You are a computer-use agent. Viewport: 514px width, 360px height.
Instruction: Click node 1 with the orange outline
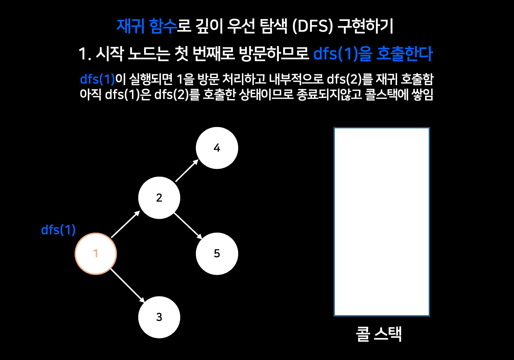pos(96,254)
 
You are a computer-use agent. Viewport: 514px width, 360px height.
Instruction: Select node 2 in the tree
pos(159,198)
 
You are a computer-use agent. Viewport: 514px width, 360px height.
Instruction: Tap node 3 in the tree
pos(159,317)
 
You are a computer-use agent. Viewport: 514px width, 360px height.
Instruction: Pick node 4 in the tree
pos(217,148)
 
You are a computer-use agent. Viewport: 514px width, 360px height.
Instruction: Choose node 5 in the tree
pos(217,254)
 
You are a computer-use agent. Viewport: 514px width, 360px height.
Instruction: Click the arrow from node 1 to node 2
pos(125,224)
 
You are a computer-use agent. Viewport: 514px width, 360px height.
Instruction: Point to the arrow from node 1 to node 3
pos(128,286)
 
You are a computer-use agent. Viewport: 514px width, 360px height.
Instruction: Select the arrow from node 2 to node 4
pos(187,171)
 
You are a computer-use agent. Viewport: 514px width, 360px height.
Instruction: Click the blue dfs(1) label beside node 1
pos(58,230)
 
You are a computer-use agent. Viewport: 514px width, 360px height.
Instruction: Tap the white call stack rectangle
pos(382,222)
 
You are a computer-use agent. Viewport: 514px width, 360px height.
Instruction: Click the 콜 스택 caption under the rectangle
pos(379,334)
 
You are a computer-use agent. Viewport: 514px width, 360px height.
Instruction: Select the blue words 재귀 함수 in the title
pos(147,26)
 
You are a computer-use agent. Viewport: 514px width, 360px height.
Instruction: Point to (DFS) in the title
pos(312,26)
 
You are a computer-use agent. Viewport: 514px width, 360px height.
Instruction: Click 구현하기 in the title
pos(365,26)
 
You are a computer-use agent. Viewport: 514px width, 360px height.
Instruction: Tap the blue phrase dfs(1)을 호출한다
pos(373,54)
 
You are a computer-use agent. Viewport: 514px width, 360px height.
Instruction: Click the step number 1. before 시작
pos(85,54)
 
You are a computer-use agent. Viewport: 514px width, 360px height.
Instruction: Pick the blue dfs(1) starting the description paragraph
pos(97,79)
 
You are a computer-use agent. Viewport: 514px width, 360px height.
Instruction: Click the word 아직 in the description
pos(91,95)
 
